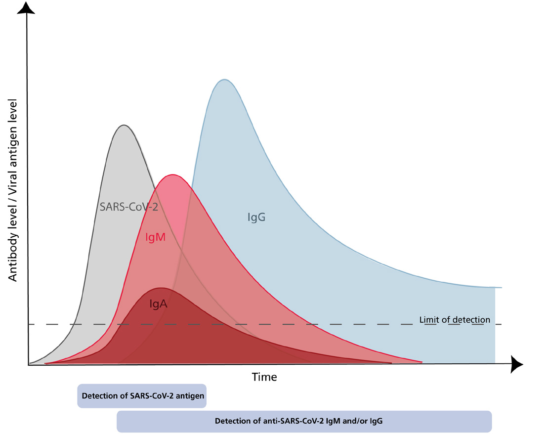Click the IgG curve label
click(256, 217)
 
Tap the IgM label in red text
click(155, 237)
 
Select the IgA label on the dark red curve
click(158, 304)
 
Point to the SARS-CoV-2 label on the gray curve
click(128, 207)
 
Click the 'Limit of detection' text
click(455, 320)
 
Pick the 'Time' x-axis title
click(264, 377)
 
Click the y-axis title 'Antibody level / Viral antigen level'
click(13, 190)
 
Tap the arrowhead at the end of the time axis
click(517, 364)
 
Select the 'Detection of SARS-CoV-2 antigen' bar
click(142, 396)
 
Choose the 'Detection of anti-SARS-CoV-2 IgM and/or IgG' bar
click(304, 422)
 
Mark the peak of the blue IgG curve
click(224, 79)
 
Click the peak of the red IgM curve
click(172, 174)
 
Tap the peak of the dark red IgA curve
click(161, 288)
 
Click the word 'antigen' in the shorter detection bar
click(191, 396)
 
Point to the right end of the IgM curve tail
click(421, 362)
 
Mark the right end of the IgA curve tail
click(391, 363)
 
